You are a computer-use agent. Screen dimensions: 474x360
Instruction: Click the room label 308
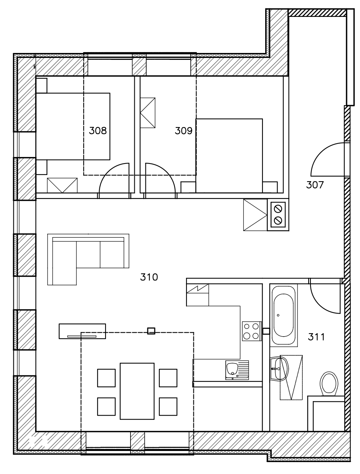[97, 131]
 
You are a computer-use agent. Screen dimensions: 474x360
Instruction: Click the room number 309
[183, 131]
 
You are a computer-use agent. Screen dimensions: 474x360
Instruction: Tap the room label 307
[315, 185]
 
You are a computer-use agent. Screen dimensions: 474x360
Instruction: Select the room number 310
[149, 277]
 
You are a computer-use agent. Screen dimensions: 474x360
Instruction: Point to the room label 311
[317, 337]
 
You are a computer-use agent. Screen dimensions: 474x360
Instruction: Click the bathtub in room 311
[284, 315]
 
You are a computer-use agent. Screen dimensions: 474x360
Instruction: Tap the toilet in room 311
[329, 383]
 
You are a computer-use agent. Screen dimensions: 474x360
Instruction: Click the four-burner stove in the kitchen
[251, 331]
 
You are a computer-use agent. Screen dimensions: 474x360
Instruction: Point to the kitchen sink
[237, 370]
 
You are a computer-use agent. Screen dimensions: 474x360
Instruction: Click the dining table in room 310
[137, 391]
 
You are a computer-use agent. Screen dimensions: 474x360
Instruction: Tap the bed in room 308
[73, 126]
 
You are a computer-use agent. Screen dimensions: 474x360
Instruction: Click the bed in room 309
[229, 155]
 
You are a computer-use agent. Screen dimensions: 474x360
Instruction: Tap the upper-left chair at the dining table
[106, 378]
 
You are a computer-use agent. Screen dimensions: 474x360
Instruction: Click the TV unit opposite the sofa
[82, 331]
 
